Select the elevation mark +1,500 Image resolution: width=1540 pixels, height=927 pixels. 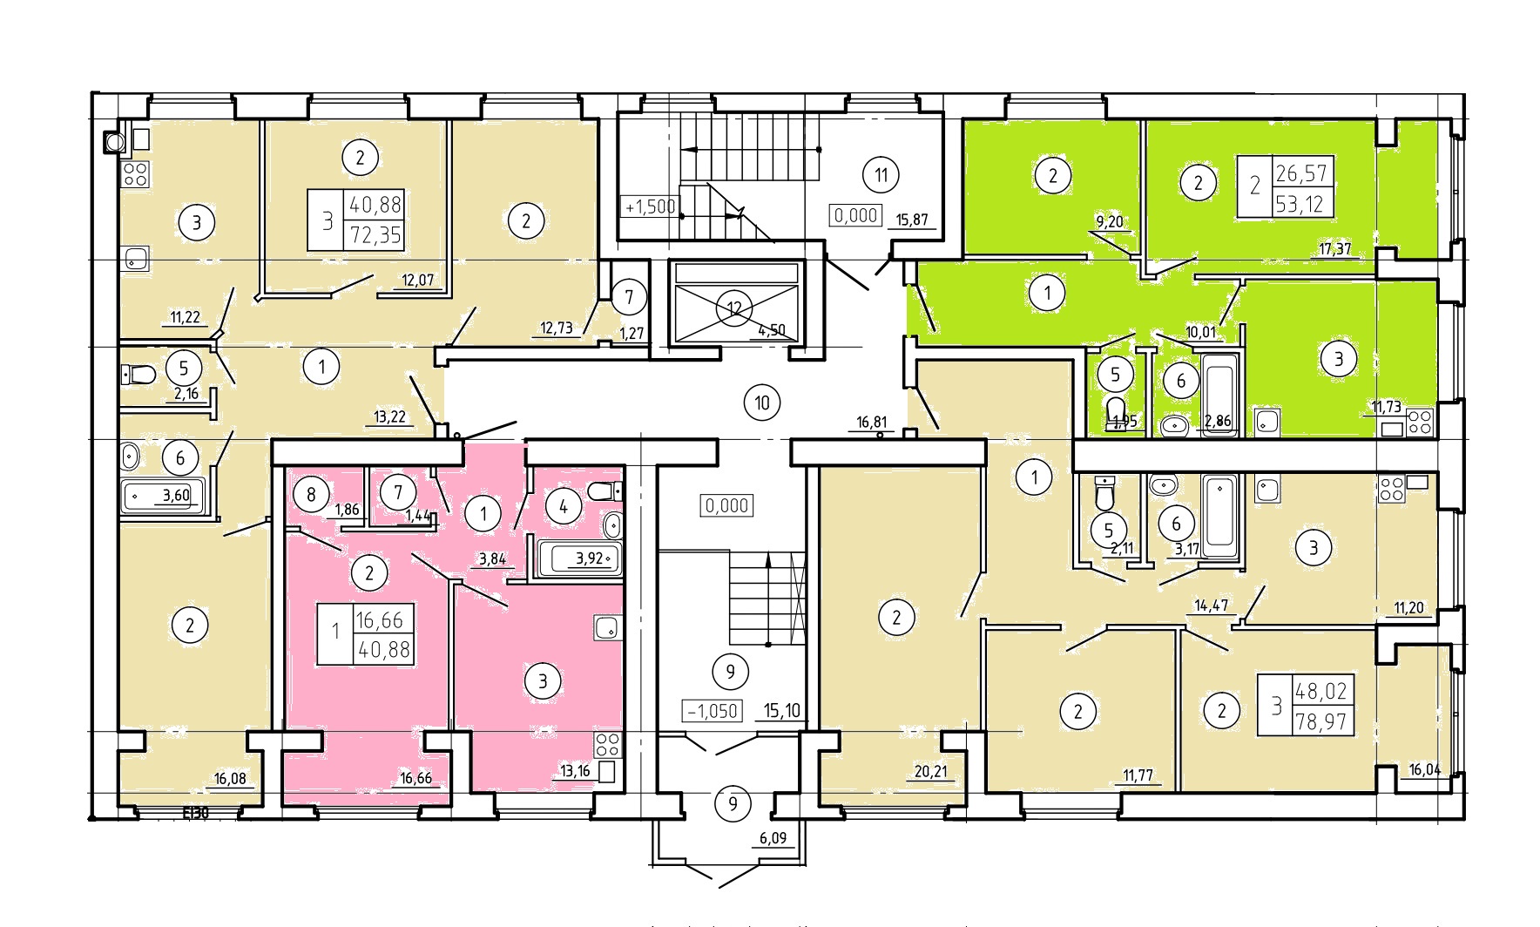(650, 207)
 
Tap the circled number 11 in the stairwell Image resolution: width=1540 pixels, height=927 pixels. (881, 175)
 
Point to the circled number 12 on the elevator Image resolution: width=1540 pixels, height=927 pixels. (733, 308)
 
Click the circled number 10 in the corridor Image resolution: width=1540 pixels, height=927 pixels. (762, 403)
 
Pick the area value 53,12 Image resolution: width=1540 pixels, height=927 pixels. (1301, 204)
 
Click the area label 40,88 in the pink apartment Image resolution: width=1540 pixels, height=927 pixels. (383, 650)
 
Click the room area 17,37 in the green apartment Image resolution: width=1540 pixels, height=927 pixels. (1334, 249)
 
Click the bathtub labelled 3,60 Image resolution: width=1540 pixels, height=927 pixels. (165, 497)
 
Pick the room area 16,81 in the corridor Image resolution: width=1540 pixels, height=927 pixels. (871, 423)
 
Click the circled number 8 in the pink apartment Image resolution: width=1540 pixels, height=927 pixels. (311, 495)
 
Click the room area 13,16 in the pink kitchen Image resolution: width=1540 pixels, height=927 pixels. (576, 769)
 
